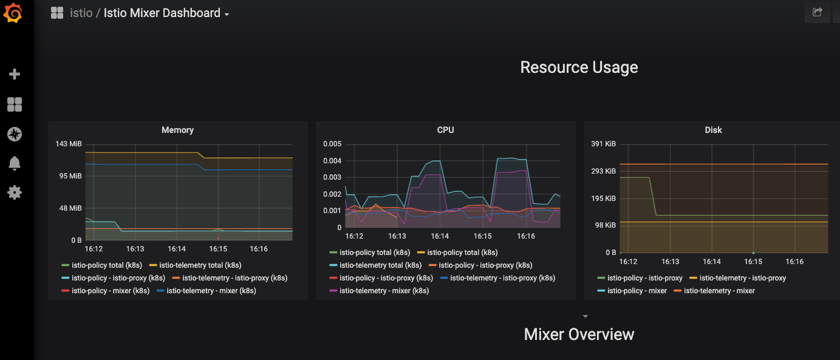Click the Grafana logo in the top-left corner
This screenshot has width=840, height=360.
pos(13,13)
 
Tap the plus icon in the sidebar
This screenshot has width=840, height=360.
pos(15,74)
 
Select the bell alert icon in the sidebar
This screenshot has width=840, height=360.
pos(15,163)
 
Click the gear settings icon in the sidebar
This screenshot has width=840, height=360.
pos(15,192)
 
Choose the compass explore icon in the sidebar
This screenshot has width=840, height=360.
pos(15,134)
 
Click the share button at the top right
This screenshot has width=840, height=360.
pos(818,12)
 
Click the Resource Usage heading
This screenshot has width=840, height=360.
pos(579,67)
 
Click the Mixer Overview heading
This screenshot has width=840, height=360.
pos(579,334)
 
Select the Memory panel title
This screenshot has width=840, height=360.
pos(177,130)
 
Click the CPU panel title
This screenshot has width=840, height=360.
pos(445,130)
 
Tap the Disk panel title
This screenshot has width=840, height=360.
pos(713,130)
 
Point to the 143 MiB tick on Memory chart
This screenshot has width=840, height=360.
pos(69,144)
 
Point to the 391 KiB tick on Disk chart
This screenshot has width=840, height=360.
pos(603,144)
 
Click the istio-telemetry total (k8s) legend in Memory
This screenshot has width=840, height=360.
pos(200,265)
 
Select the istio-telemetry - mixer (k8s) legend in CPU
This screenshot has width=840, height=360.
pos(384,291)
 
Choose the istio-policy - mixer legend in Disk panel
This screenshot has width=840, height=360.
pos(637,291)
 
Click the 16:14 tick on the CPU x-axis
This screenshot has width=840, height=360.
pos(440,236)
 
